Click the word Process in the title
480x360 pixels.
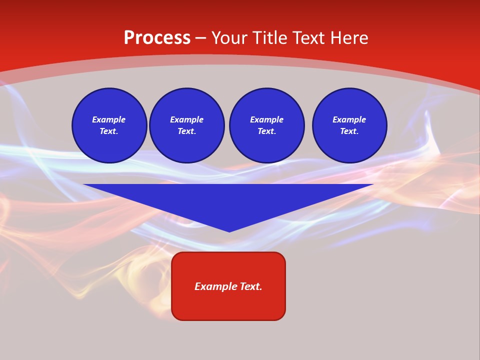pos(157,38)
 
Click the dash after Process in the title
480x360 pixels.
pos(201,38)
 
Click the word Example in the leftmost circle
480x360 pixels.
pos(109,119)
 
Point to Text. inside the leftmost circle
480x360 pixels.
pos(109,131)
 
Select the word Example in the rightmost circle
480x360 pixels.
pos(349,119)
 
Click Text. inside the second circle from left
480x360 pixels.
pos(187,131)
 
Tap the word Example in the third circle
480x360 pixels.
pos(267,119)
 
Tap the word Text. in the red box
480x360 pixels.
pos(251,286)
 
